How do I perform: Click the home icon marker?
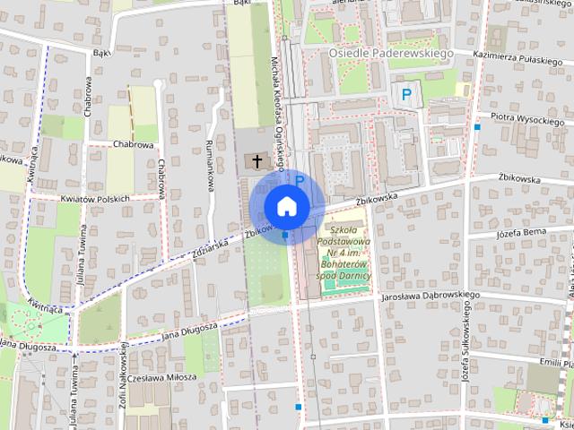pos(286,205)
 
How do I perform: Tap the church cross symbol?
pos(257,162)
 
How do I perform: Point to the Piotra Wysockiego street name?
pos(526,118)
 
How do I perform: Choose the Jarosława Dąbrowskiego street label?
pos(430,295)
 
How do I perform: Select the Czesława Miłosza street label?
pos(161,377)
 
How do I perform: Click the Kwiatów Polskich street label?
pos(95,198)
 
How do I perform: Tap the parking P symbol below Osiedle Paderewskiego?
pos(406,93)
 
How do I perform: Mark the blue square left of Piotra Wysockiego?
pos(477,127)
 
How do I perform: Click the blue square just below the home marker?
pos(285,236)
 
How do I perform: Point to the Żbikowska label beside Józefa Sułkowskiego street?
pos(520,179)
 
